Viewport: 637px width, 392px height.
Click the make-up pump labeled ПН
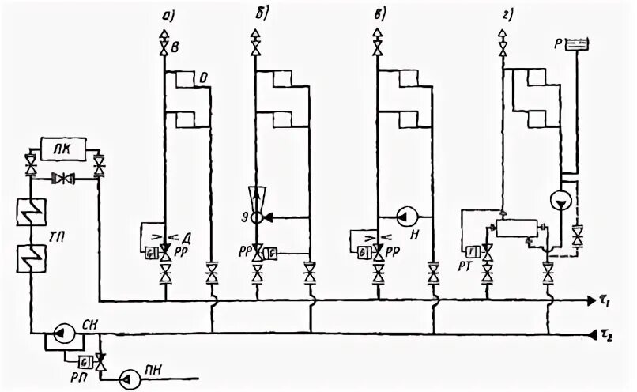click(x=127, y=379)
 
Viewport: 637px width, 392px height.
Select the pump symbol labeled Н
click(x=403, y=215)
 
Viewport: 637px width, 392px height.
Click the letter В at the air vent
click(x=175, y=49)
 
